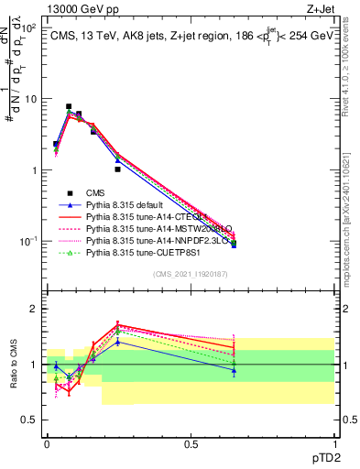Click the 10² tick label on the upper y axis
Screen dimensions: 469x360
point(30,27)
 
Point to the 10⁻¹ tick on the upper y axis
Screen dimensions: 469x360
point(30,241)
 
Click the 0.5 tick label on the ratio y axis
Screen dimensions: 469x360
point(30,420)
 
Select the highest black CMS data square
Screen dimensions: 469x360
point(69,106)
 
